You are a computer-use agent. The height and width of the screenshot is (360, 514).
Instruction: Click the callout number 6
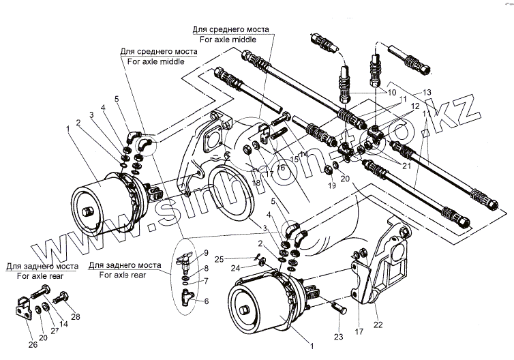click(207, 301)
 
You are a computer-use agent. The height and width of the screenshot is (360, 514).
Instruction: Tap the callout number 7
click(207, 281)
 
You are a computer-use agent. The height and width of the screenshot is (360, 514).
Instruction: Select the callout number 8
click(207, 269)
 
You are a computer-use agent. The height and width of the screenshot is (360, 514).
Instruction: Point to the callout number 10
click(392, 91)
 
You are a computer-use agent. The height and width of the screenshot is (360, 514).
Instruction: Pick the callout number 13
click(427, 92)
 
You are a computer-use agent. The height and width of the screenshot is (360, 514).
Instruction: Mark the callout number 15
click(293, 160)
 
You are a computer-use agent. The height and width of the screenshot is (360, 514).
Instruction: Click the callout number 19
click(332, 185)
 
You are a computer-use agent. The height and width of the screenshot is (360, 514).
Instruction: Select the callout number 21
click(407, 165)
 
